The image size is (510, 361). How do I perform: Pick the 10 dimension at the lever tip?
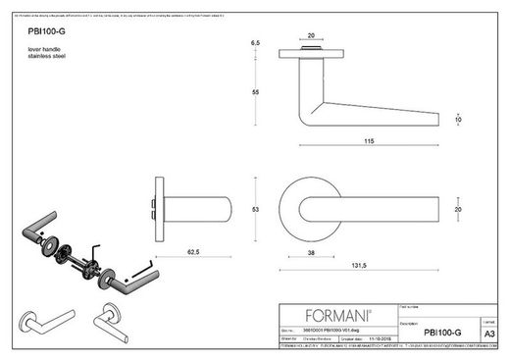coord(458,119)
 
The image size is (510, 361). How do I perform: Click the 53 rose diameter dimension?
coord(255,209)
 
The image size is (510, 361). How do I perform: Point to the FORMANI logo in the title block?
coord(336,315)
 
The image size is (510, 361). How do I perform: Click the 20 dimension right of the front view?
coord(459,208)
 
